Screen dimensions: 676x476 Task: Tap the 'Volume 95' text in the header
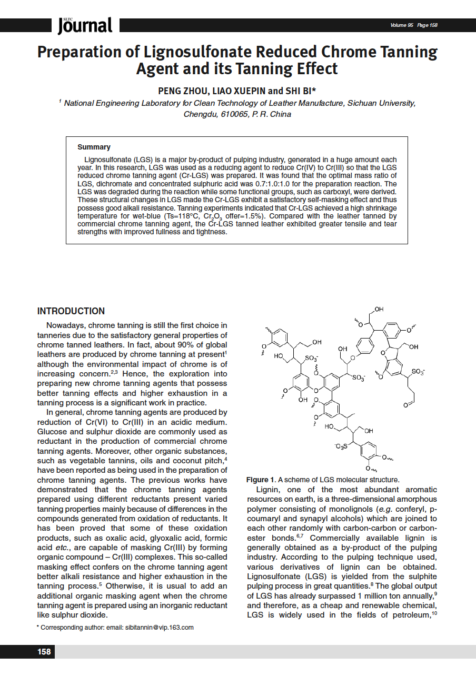[x=402, y=25]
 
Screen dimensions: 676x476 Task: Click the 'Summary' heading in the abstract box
[x=94, y=147]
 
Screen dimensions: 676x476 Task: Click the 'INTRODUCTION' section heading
[x=71, y=311]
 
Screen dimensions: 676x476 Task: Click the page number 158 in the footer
[x=44, y=652]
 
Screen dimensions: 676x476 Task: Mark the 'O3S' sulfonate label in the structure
[x=341, y=447]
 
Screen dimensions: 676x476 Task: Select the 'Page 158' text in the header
[x=427, y=25]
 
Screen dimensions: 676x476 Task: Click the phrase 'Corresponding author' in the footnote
[x=69, y=627]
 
